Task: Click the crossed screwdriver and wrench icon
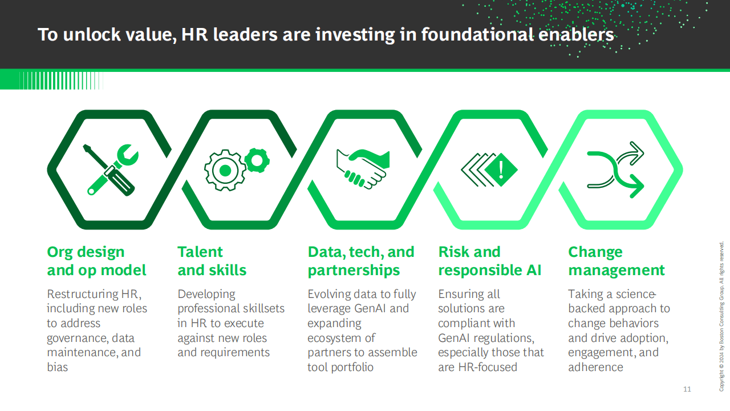(x=111, y=170)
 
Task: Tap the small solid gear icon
(x=257, y=160)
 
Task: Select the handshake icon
(x=363, y=169)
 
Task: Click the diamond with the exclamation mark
(x=501, y=170)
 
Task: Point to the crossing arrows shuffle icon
(x=615, y=170)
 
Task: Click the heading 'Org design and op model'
(x=96, y=261)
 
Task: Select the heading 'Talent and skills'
(x=212, y=261)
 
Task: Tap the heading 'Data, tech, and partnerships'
(x=361, y=261)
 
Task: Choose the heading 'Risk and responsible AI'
(x=489, y=261)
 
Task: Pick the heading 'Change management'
(x=617, y=261)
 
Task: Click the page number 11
(x=687, y=389)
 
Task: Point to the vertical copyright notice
(x=721, y=316)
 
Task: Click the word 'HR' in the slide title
(x=194, y=34)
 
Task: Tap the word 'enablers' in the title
(x=576, y=34)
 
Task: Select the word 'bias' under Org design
(x=58, y=367)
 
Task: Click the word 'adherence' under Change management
(x=595, y=367)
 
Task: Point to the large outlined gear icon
(x=225, y=170)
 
